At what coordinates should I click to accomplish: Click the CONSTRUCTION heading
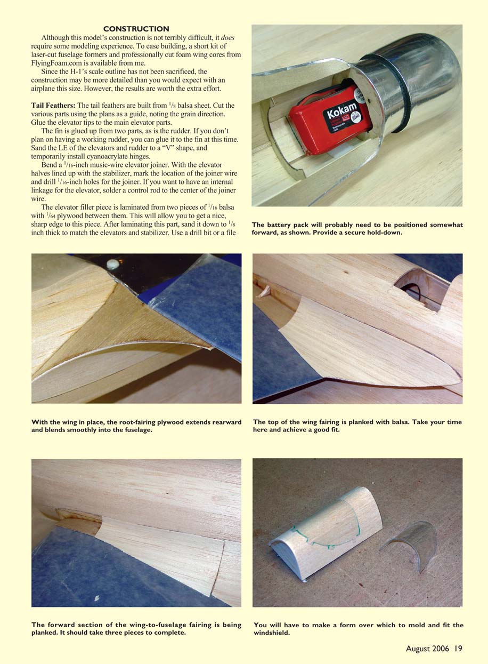pos(136,29)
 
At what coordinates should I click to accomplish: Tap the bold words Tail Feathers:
pos(53,106)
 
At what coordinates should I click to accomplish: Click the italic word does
pos(227,38)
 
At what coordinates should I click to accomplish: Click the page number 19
pos(458,649)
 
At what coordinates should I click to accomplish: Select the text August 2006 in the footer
pos(427,649)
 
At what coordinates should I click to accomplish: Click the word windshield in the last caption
pos(272,633)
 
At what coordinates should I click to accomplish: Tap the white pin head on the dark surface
pos(113,265)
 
